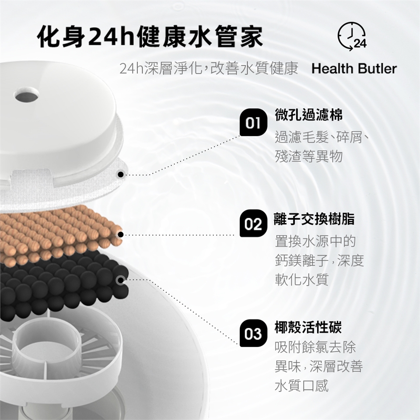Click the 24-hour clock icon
click(352, 36)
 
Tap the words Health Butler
click(354, 69)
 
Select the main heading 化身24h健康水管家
click(150, 36)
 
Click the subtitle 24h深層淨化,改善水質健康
click(209, 69)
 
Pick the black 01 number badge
click(253, 122)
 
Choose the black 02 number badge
click(253, 224)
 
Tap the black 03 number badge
click(253, 333)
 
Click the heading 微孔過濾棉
click(308, 115)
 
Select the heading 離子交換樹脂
click(315, 219)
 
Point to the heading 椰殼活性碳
click(308, 327)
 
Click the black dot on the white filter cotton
click(121, 175)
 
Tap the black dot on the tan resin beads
click(121, 234)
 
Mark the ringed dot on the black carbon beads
click(121, 280)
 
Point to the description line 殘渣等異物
click(309, 156)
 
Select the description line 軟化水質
click(302, 280)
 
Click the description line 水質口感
click(302, 385)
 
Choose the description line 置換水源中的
click(315, 241)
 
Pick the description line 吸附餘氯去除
click(315, 347)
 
